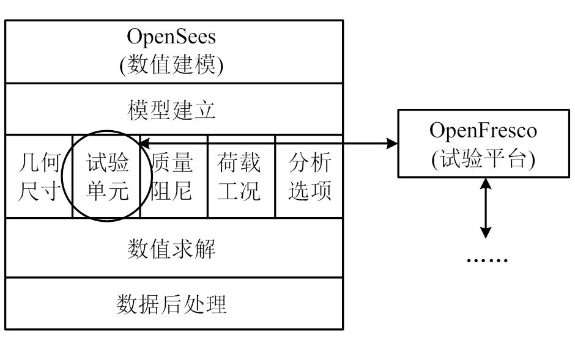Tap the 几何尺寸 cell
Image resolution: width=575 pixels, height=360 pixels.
tap(38, 177)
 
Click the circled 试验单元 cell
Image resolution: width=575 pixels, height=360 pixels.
tap(107, 177)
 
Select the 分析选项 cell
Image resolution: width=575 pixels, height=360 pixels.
tap(310, 177)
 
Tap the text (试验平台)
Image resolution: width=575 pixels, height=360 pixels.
tap(483, 158)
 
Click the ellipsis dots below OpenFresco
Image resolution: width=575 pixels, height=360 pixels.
tap(487, 260)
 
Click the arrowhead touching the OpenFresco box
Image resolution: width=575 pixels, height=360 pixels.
tap(392, 144)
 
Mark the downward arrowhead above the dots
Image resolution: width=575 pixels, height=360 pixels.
tap(486, 232)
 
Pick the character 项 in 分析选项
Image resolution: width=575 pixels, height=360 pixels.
tap(321, 191)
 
